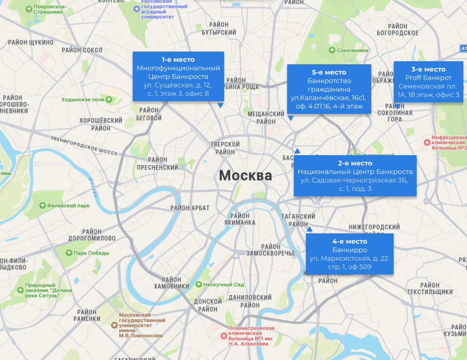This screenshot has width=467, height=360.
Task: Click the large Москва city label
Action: point(245,175)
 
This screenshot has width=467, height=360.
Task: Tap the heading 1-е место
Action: point(178,60)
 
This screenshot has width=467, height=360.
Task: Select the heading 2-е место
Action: point(355,163)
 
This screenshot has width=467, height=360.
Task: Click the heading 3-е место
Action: point(428,69)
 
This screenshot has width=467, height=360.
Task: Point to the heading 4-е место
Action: point(350,241)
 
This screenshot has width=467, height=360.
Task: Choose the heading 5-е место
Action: point(329,73)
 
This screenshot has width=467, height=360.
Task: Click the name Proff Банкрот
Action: point(428,78)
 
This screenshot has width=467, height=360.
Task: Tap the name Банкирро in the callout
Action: point(350,250)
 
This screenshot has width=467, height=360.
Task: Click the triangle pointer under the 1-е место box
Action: point(220,105)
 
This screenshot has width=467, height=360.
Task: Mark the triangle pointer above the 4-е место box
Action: point(309,230)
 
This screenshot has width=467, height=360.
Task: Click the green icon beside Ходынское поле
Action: point(109,99)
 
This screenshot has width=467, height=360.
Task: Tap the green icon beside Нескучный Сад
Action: point(198,285)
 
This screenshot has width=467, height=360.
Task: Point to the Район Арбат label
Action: point(190,208)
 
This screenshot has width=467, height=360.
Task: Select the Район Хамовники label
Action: point(171,283)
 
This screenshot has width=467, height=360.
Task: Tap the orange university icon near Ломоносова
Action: point(114,325)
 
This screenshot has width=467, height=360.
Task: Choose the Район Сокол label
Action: point(82,50)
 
